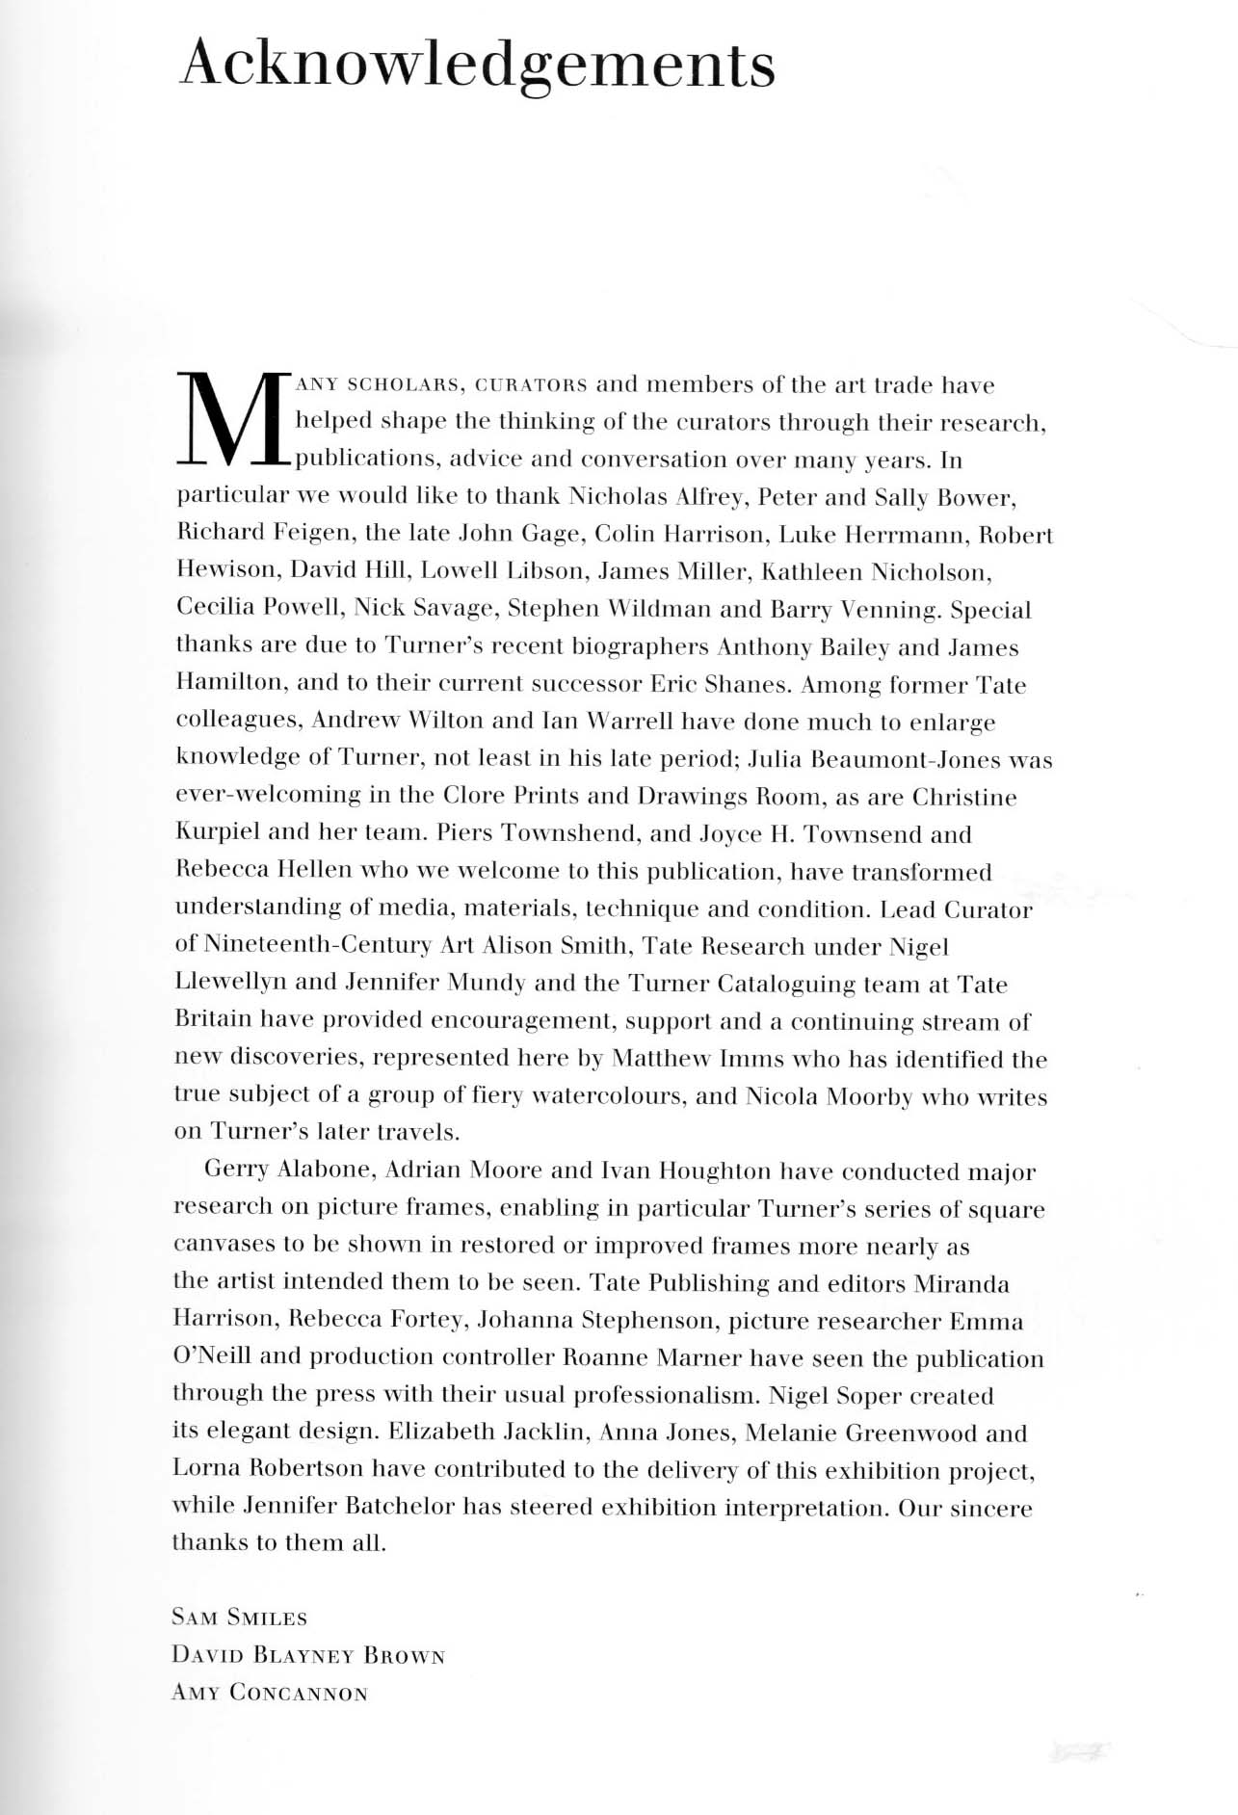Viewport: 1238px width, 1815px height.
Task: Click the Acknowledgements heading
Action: (x=477, y=66)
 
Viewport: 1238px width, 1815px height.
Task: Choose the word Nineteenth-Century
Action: (x=318, y=946)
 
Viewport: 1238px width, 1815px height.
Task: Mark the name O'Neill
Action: (x=212, y=1356)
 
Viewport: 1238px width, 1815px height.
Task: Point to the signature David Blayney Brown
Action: (x=308, y=1656)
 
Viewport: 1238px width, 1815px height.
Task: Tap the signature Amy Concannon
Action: (x=270, y=1694)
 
